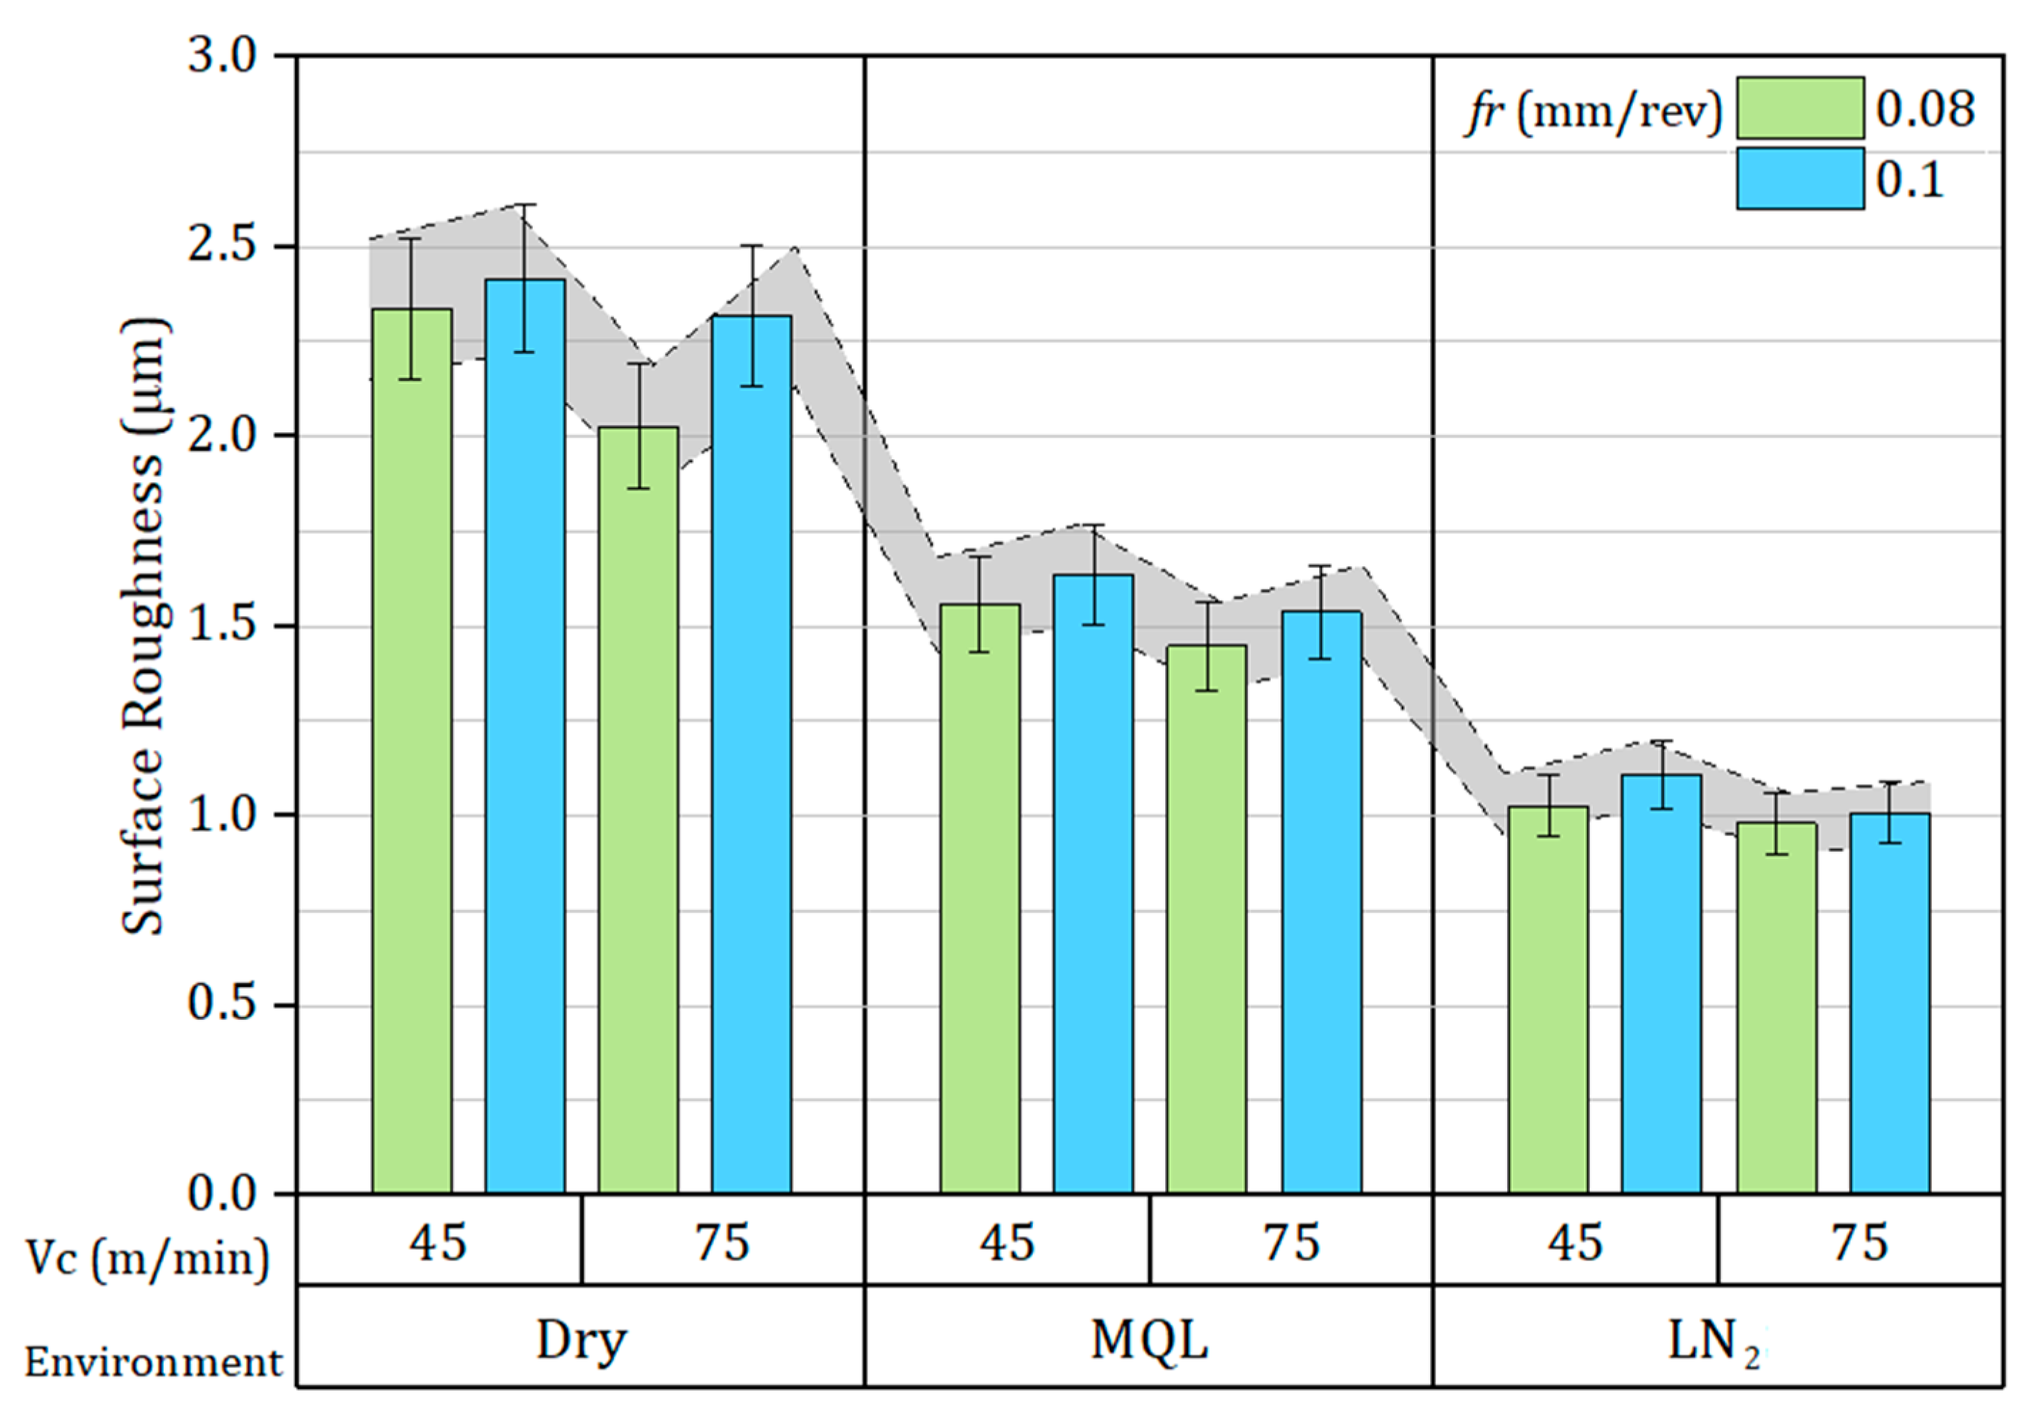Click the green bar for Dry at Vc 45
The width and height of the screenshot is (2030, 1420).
(412, 751)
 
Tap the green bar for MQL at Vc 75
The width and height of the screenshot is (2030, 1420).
(1206, 919)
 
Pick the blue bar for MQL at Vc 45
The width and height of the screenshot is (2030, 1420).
(1093, 884)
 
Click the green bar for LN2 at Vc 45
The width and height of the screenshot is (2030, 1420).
(1548, 999)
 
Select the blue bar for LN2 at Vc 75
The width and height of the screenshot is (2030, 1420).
(1890, 1003)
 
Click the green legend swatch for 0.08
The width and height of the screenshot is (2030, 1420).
(1800, 108)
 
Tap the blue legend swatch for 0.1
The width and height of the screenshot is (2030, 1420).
(1800, 179)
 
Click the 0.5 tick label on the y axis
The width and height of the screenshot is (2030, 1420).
(221, 1004)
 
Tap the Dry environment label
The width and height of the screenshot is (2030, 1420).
(581, 1340)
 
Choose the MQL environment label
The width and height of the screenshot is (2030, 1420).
(1148, 1340)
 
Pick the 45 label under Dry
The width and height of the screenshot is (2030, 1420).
(437, 1241)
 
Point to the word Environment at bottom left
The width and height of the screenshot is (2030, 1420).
(152, 1362)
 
